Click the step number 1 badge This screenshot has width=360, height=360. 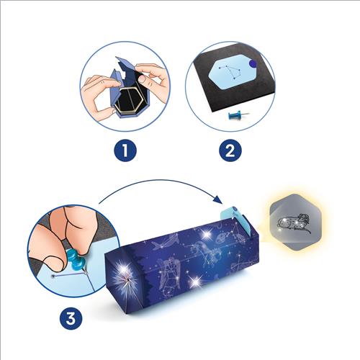tap(125, 150)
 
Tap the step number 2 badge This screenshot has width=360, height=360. tap(230, 150)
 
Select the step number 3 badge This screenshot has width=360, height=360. tap(71, 319)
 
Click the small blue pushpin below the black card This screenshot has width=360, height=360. tap(238, 116)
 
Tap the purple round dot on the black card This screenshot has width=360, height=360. tap(253, 63)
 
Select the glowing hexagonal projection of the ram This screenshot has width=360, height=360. tap(295, 222)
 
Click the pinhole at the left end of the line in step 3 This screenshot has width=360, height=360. tap(52, 276)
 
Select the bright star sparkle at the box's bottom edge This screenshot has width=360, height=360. tap(196, 279)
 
